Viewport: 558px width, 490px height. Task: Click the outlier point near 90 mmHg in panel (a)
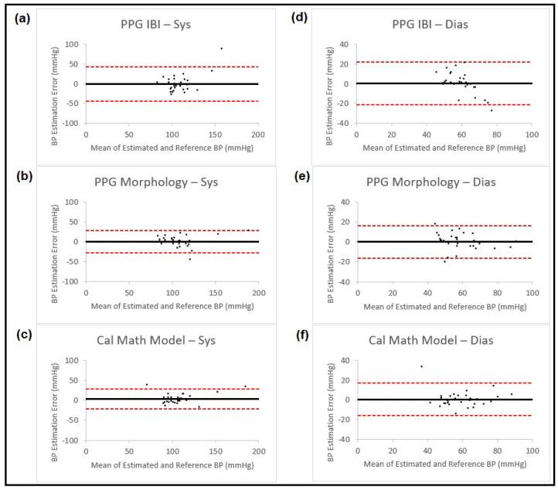(x=221, y=48)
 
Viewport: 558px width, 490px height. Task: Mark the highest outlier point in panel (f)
(x=421, y=366)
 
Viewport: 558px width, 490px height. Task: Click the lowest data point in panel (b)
(x=189, y=258)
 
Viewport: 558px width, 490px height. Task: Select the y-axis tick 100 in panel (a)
(x=73, y=44)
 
